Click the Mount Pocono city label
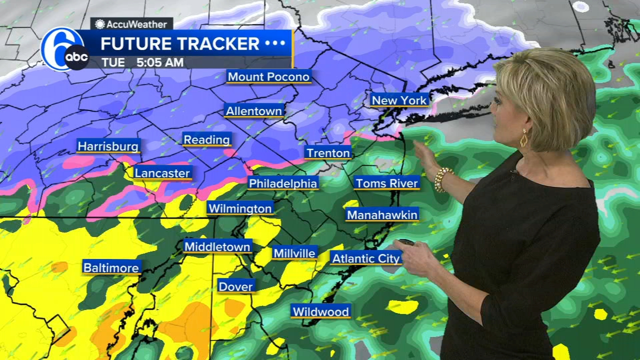point(269,76)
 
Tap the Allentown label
point(254,110)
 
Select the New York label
point(399,100)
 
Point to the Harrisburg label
point(108,146)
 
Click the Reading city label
point(206,140)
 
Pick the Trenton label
point(328,153)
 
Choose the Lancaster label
point(162,173)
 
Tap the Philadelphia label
point(283,183)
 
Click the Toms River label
point(386,183)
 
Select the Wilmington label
point(240,208)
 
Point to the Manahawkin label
point(382,215)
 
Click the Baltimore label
point(111,268)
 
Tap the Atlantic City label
point(366,258)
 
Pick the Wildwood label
point(320,312)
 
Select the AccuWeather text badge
point(131,24)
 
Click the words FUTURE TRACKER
point(180,44)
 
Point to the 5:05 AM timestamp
point(160,62)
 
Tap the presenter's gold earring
point(524,138)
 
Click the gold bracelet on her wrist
point(441,178)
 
